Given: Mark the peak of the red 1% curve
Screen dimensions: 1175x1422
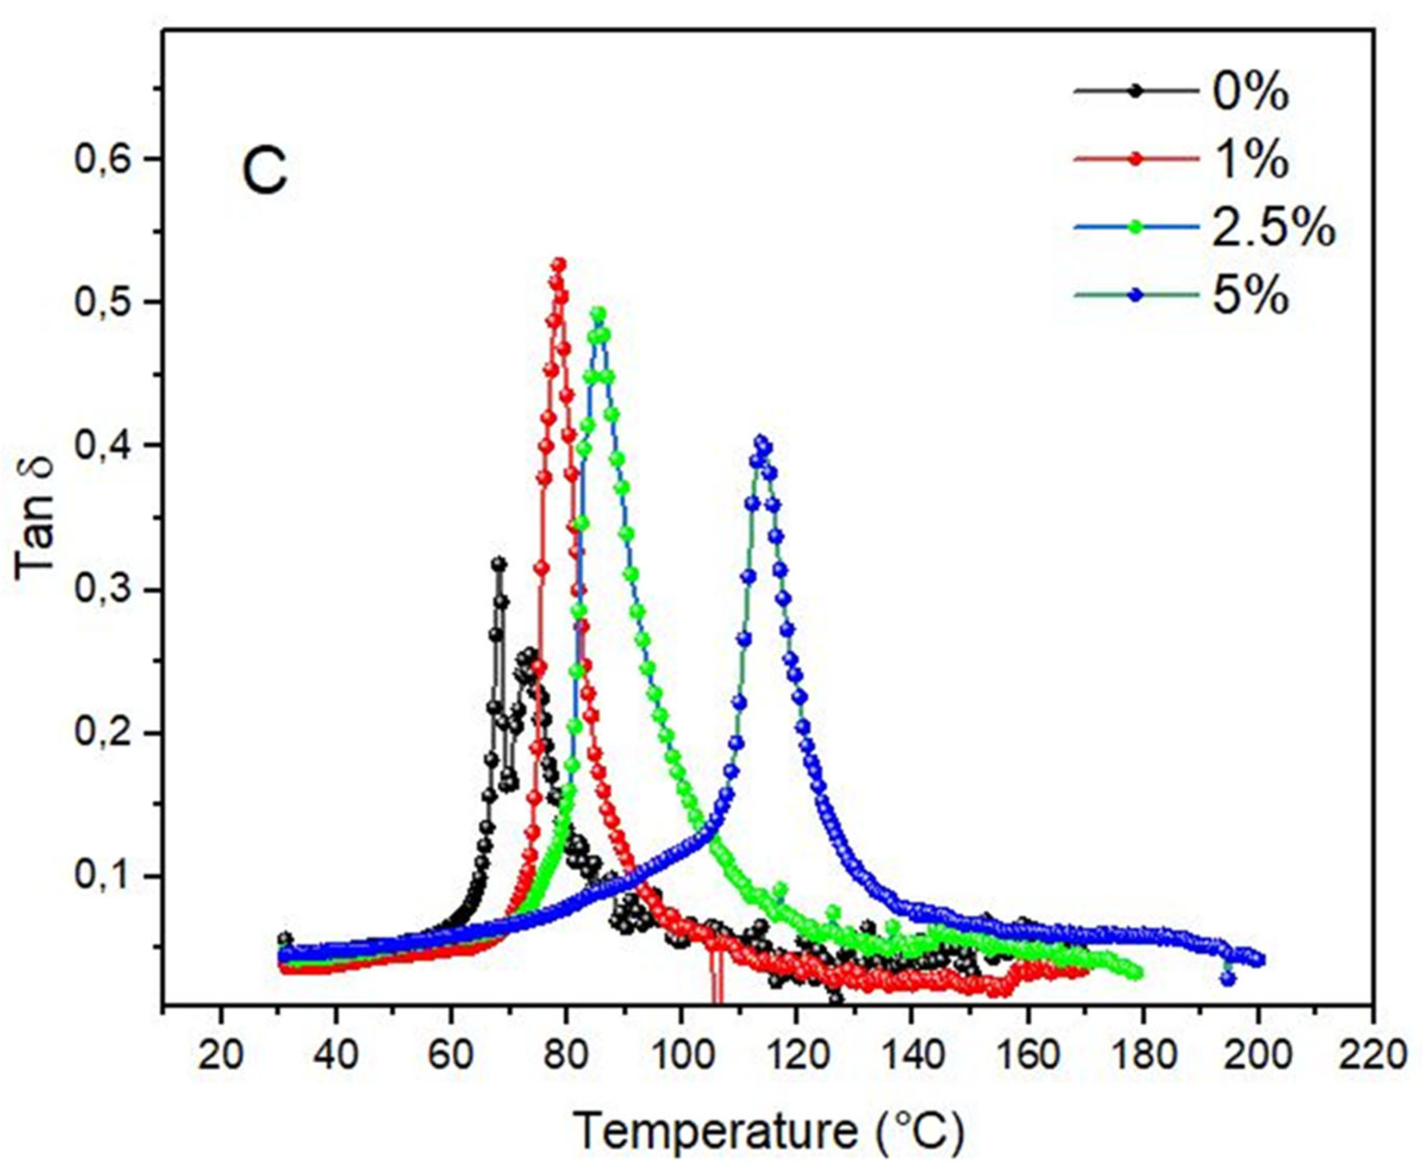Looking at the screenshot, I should pos(559,264).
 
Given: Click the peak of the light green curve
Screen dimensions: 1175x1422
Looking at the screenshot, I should pos(597,313).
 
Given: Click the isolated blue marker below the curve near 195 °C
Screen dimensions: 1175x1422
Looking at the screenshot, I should pos(1228,978).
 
